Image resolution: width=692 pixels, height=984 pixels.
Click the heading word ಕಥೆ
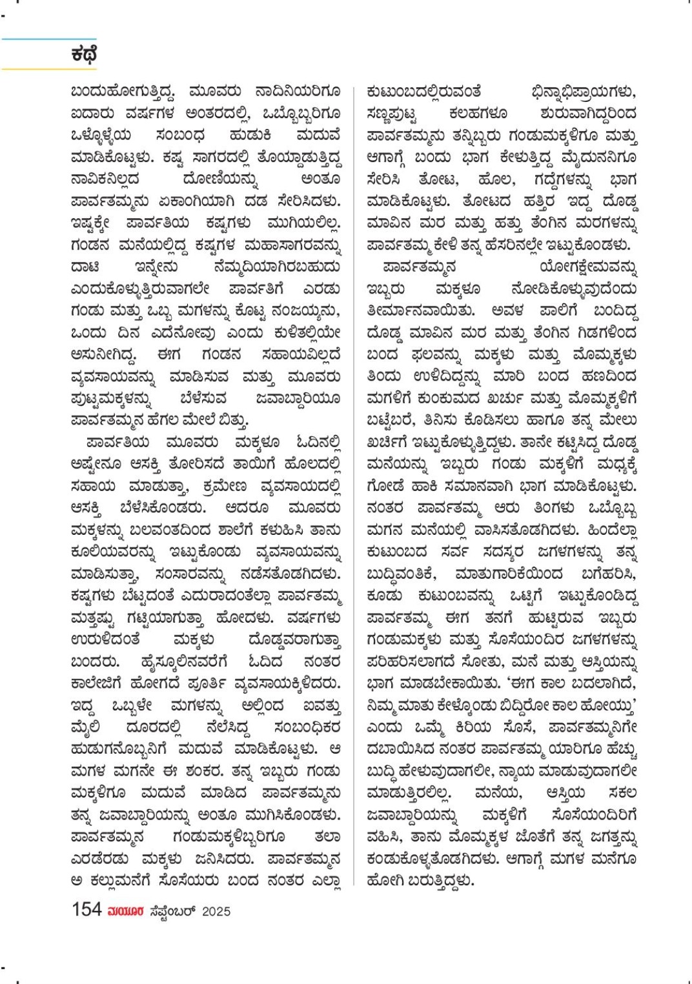coord(84,54)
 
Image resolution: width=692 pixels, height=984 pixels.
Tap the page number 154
coord(86,910)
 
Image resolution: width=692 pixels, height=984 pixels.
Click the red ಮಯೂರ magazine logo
coord(126,911)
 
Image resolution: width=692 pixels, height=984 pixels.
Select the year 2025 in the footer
coord(216,911)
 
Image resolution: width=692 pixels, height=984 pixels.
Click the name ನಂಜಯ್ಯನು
coord(306,311)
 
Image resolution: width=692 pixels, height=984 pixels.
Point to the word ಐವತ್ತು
coord(321,705)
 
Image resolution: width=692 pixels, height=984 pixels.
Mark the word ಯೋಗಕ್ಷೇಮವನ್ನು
coord(588,267)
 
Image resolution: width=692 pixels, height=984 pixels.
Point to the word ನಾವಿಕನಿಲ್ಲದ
coord(105,179)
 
